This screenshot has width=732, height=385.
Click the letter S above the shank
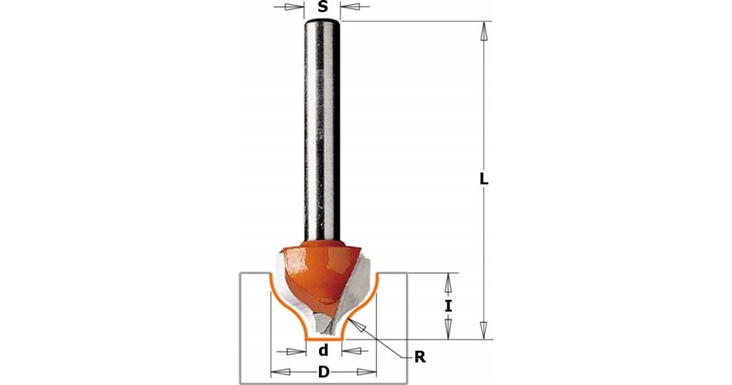[323, 7]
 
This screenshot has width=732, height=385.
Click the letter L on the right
[484, 178]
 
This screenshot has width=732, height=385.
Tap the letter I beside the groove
[448, 306]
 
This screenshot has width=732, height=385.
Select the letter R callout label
[420, 357]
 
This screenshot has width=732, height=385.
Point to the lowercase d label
[323, 350]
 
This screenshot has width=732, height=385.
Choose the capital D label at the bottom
[323, 372]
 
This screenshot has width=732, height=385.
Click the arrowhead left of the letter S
[293, 7]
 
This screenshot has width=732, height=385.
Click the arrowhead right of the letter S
[351, 7]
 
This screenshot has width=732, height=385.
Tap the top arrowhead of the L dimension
[484, 31]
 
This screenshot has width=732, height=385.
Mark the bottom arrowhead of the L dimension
[484, 330]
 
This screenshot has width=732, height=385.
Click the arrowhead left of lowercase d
[296, 351]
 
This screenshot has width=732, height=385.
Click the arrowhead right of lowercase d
[351, 351]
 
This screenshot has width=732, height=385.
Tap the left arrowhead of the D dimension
[281, 372]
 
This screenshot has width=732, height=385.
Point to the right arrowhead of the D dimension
[367, 372]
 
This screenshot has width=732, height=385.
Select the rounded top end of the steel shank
[323, 23]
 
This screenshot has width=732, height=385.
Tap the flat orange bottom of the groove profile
[324, 340]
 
